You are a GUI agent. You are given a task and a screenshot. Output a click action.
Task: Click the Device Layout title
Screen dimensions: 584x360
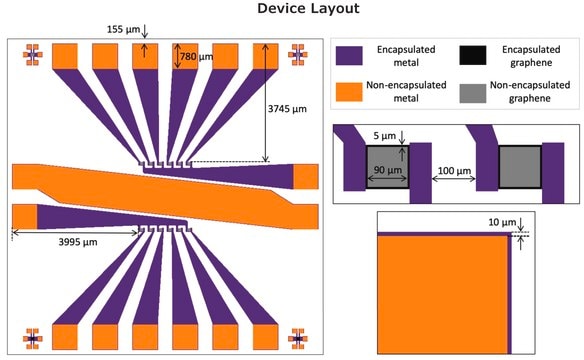click(x=308, y=8)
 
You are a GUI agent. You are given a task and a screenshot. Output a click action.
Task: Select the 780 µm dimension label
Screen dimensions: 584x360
click(x=197, y=57)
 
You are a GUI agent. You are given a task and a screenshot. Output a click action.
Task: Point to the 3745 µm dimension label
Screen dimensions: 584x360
click(x=287, y=109)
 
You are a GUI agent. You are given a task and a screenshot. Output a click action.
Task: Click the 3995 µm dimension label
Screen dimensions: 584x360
click(x=78, y=242)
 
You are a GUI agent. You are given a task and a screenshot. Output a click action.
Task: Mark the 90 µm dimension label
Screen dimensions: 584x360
click(x=388, y=170)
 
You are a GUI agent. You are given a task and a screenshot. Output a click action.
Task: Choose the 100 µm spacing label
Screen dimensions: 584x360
click(x=454, y=171)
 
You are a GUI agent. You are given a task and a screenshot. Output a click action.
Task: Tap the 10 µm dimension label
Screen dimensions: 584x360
click(x=502, y=222)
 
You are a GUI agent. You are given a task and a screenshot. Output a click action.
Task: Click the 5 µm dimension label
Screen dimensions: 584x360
click(x=385, y=136)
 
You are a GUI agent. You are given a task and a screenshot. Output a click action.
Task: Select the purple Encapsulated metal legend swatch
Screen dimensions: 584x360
click(x=349, y=56)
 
